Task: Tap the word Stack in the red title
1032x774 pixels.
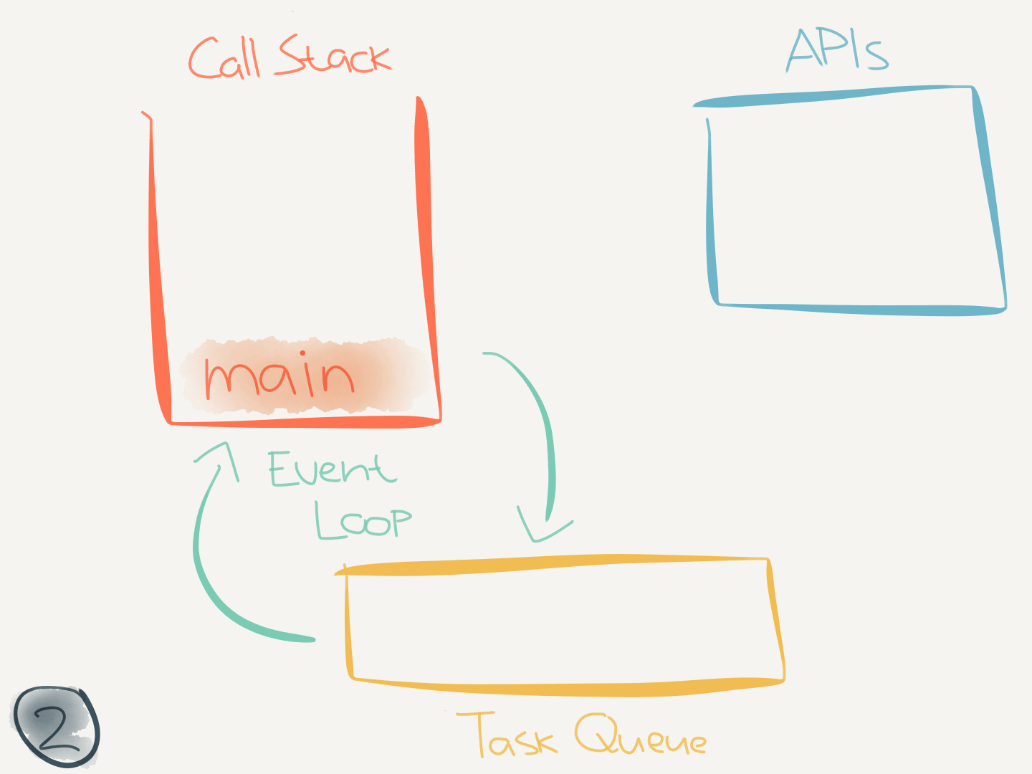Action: point(334,56)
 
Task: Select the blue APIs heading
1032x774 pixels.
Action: point(837,50)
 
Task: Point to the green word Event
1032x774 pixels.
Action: point(332,469)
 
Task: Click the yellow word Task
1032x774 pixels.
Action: point(507,735)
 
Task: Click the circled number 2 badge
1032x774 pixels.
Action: point(56,727)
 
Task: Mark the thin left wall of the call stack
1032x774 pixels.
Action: point(155,265)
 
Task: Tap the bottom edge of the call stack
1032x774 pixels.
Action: point(305,422)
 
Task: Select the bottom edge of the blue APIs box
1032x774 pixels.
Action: point(860,309)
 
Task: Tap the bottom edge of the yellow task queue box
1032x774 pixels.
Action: point(566,689)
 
